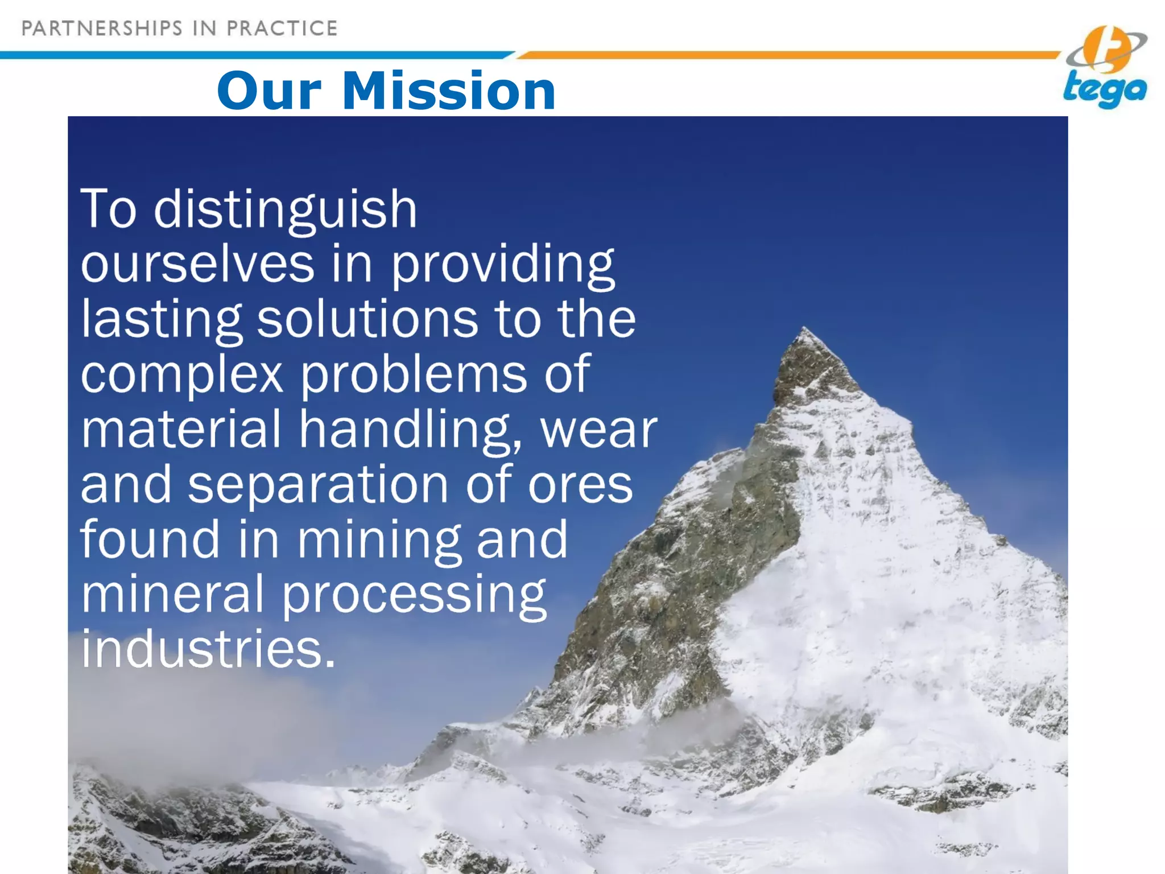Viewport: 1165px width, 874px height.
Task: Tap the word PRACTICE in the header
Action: (x=282, y=28)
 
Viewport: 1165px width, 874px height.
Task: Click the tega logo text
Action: (x=1104, y=90)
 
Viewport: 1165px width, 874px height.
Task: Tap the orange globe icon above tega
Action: (x=1106, y=50)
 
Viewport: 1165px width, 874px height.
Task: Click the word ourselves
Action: (x=197, y=264)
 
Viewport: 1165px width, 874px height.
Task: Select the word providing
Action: (x=503, y=265)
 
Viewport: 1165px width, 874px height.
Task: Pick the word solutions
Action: (x=367, y=319)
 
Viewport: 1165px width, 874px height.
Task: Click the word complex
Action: (x=182, y=375)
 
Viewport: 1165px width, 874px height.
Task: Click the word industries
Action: (x=208, y=649)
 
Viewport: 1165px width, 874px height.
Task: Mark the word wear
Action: (x=598, y=430)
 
